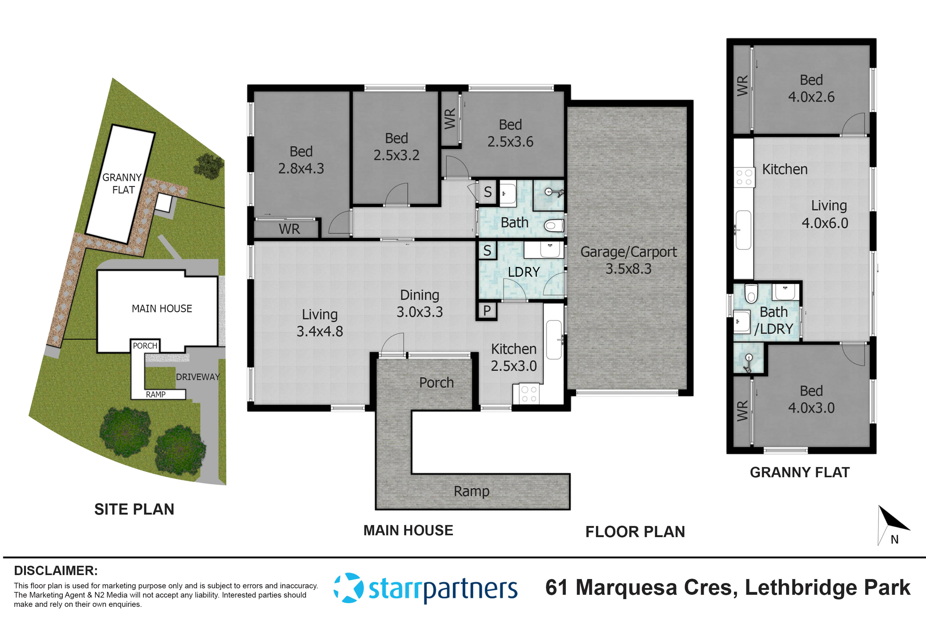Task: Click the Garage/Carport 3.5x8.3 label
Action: pos(628,260)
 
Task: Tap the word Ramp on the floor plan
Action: pos(471,491)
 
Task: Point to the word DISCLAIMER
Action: pos(56,570)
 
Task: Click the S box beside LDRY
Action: pos(487,250)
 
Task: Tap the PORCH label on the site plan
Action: pos(145,345)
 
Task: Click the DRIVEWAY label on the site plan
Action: pos(198,377)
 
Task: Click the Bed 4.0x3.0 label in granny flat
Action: pos(811,399)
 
